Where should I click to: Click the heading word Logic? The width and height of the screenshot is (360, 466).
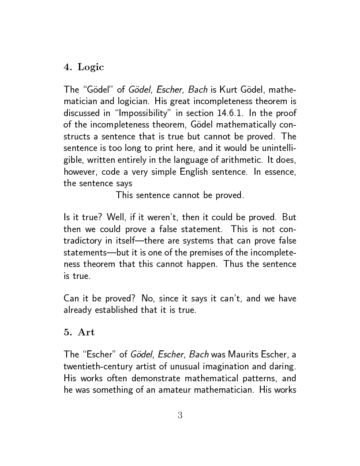pyautogui.click(x=91, y=67)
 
